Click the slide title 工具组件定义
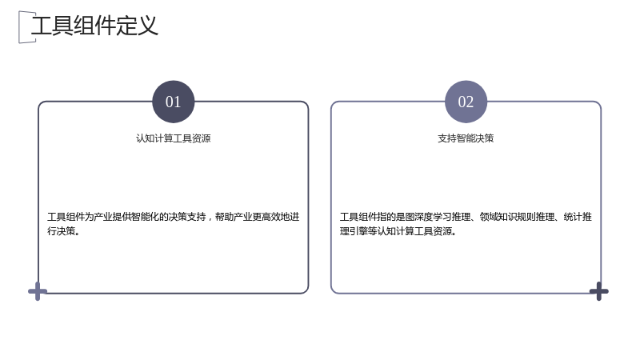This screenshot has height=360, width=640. (94, 26)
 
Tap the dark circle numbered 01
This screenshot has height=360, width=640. (174, 102)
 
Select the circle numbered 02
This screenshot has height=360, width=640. (466, 102)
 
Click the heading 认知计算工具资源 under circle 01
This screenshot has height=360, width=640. (174, 138)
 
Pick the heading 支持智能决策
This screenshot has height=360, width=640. (466, 138)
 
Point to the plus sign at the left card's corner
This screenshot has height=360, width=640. (38, 291)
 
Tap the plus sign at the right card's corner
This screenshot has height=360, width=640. (598, 291)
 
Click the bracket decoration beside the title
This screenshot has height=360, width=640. (25, 27)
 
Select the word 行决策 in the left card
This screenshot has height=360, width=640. (62, 231)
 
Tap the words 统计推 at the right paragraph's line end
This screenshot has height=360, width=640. (578, 217)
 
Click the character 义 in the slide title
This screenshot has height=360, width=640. (147, 26)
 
